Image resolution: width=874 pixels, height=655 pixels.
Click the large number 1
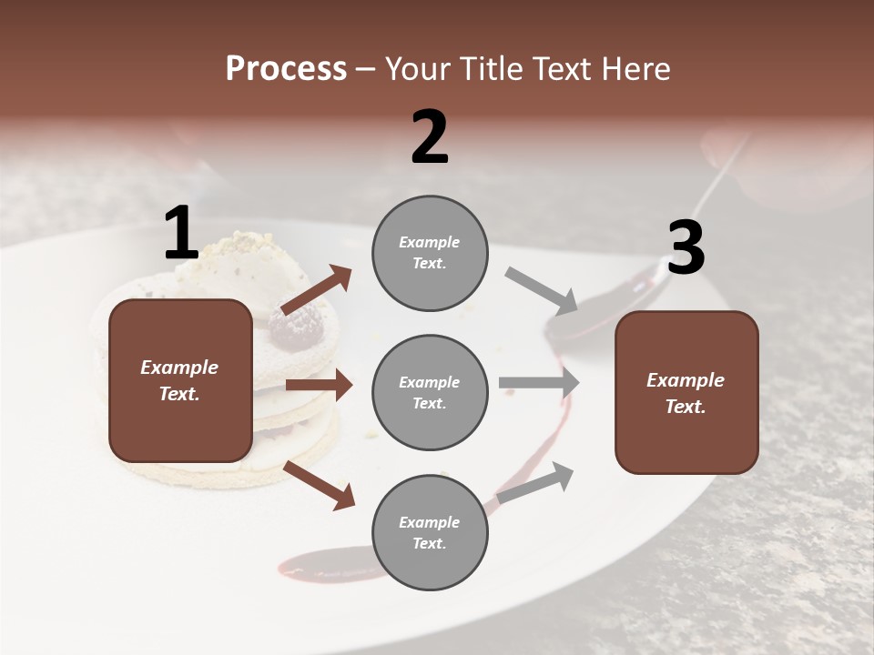(x=181, y=234)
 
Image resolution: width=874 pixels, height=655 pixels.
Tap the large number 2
(x=430, y=137)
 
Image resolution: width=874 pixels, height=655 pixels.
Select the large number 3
(x=686, y=248)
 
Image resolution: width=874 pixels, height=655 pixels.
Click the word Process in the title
(x=286, y=68)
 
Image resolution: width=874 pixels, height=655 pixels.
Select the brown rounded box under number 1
(x=180, y=380)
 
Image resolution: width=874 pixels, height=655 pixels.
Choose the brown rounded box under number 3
(x=686, y=392)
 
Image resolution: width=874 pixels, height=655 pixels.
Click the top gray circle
(x=430, y=253)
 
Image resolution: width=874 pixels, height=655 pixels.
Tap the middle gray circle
(x=430, y=392)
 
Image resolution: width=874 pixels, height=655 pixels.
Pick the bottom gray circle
(x=430, y=532)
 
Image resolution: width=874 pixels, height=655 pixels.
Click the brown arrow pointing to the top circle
(x=317, y=288)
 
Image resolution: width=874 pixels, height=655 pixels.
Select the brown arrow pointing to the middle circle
(x=319, y=385)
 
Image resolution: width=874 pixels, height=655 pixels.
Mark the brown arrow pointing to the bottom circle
(x=320, y=484)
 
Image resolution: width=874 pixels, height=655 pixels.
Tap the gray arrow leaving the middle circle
(x=539, y=382)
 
